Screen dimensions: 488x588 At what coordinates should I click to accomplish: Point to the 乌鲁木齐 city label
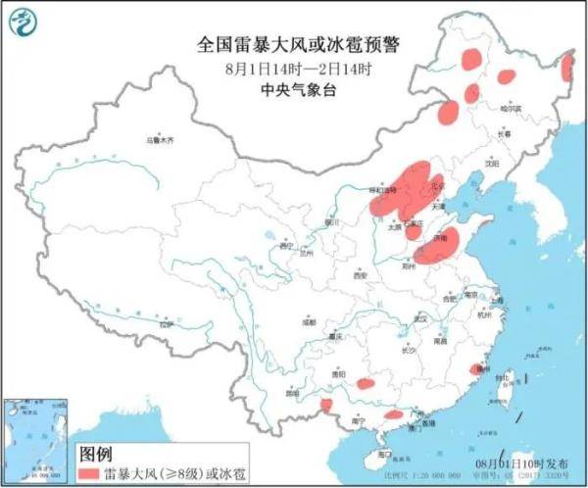160,141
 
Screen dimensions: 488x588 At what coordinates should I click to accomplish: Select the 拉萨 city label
166,322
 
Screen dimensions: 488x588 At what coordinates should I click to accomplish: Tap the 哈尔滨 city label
511,108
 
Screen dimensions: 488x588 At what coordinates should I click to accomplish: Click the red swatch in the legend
94,472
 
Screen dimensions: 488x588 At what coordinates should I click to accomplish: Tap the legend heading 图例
95,454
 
